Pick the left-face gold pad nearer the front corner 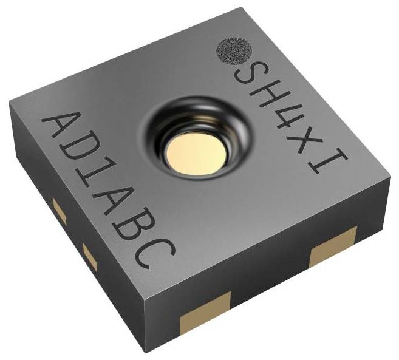[90, 257]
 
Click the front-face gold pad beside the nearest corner [205, 314]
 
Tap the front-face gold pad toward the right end [333, 247]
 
